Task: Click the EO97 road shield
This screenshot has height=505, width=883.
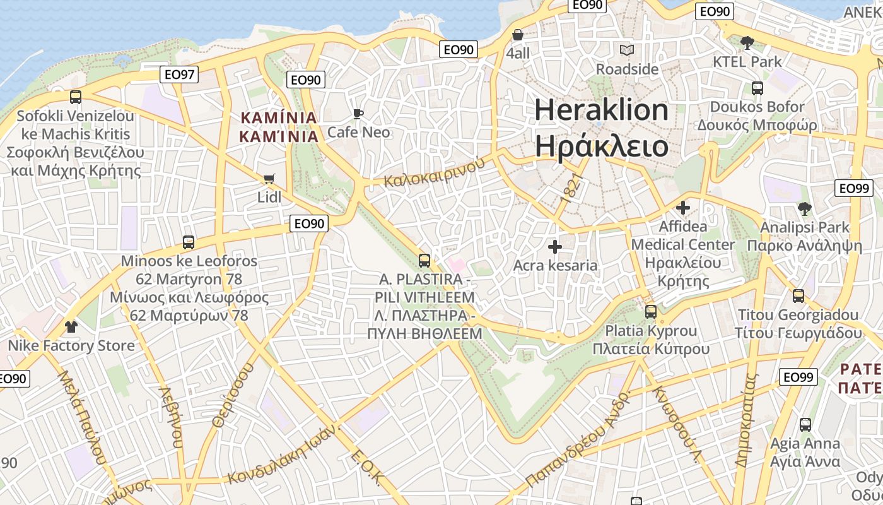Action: pos(178,74)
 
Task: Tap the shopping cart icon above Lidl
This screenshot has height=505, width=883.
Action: pos(269,179)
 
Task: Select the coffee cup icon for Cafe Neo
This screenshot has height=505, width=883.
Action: pos(358,114)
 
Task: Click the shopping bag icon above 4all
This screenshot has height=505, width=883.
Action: pos(518,35)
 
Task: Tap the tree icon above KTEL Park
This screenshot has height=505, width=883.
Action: pos(747,43)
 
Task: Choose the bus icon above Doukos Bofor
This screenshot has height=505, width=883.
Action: pos(757,88)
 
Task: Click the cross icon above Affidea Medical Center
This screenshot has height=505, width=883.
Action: pos(682,207)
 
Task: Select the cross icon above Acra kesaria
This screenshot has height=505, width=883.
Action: pos(555,246)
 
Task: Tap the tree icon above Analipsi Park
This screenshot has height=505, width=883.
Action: pos(804,208)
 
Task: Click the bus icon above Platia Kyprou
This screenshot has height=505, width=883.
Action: pos(650,312)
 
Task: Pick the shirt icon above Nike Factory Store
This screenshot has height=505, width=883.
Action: pos(71,327)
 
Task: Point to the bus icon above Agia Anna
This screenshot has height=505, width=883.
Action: pos(805,425)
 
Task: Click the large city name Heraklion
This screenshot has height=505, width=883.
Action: pos(601,110)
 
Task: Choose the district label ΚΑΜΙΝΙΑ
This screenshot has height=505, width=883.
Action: pos(278,117)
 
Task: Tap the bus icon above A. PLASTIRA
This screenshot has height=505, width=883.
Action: pos(424,260)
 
